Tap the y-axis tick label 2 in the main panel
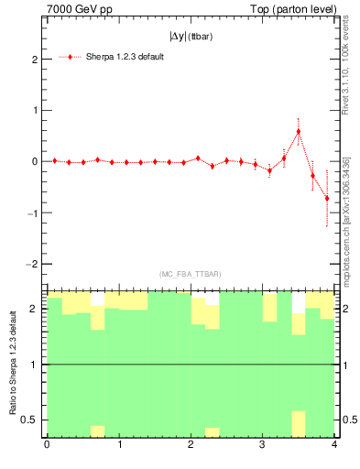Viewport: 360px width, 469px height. point(34,60)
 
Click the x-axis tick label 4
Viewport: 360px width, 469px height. point(334,446)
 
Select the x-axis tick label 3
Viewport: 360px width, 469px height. point(263,446)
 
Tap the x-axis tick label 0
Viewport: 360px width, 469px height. point(47,446)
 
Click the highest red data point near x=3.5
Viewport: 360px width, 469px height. point(299,132)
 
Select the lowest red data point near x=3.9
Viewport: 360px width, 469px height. point(327,198)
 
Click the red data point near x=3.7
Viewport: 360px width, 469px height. point(312,175)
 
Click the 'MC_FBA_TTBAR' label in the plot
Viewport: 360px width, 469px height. point(191,274)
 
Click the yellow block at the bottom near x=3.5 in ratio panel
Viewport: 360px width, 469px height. point(298,423)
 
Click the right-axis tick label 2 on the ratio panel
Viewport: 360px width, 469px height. point(347,309)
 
